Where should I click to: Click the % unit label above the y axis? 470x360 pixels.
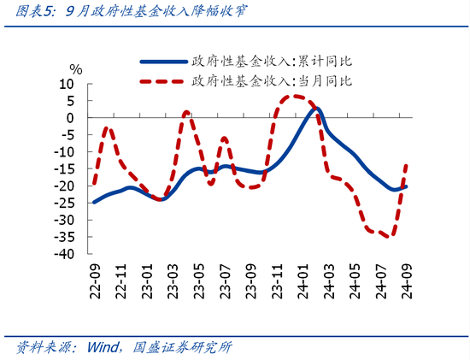point(76,69)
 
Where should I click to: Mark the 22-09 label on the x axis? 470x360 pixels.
point(94,280)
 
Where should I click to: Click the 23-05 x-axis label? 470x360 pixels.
point(198,280)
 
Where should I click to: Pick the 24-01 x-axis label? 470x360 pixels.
point(303,280)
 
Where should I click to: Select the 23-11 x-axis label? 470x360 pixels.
point(276,280)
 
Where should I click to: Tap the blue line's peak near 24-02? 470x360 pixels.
point(316,109)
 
